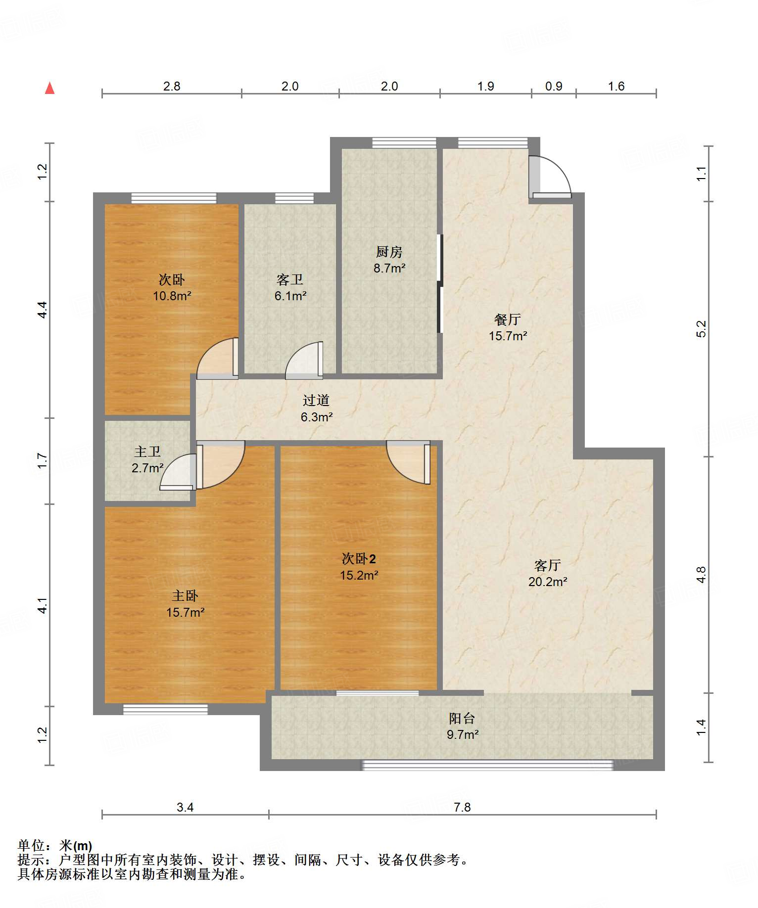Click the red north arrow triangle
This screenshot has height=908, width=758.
[49, 88]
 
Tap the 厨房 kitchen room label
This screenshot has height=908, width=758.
[389, 252]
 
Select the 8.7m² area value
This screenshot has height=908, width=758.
[389, 268]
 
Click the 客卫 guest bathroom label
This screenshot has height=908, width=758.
[290, 279]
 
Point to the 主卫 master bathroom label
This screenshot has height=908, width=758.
[147, 451]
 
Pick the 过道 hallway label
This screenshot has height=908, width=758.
[316, 400]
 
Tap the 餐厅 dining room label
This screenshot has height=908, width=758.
[508, 319]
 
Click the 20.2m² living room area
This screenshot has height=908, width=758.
[548, 582]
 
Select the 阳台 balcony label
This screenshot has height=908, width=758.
[462, 718]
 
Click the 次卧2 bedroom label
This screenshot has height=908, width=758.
[359, 559]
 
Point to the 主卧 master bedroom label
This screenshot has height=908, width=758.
[185, 596]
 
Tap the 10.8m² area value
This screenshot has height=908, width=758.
[172, 296]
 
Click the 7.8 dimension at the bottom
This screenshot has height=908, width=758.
[462, 807]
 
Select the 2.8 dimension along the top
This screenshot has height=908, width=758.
[172, 86]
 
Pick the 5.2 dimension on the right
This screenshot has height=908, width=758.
[701, 329]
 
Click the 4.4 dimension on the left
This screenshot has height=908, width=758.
[43, 310]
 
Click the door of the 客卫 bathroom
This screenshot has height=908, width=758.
[304, 361]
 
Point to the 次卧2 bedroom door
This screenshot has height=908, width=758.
[408, 462]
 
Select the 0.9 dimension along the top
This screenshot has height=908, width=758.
[554, 86]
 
